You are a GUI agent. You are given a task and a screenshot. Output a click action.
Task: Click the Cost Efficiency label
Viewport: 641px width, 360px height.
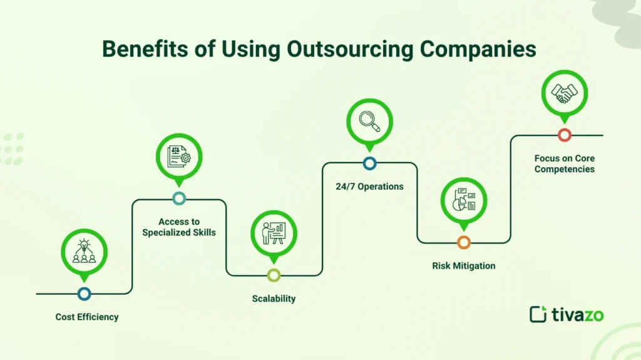[x=86, y=317]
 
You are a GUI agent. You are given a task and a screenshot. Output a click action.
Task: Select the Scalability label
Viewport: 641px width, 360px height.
[x=274, y=299]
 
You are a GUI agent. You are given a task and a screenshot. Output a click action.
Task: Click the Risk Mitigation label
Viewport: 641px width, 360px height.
[x=463, y=266]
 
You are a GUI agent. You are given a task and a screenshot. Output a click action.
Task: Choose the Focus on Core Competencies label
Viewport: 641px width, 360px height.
[x=564, y=164]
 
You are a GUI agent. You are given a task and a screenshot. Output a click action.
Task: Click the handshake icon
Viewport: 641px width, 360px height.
[x=564, y=94]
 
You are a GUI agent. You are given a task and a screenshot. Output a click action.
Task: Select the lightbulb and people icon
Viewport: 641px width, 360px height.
[x=84, y=251]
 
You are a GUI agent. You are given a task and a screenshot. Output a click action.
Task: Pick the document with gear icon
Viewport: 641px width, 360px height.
[x=178, y=157]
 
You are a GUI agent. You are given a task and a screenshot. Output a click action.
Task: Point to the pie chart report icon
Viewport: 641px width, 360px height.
[x=464, y=200]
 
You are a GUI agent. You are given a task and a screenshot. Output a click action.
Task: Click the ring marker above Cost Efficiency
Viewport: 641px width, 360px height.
[x=85, y=294]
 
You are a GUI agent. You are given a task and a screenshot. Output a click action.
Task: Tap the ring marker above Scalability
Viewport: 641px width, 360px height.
[x=274, y=275]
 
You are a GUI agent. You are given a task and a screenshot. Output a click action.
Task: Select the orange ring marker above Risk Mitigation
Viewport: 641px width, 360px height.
[x=464, y=242]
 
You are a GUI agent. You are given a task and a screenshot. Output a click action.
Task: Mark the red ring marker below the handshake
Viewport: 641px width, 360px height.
[x=565, y=135]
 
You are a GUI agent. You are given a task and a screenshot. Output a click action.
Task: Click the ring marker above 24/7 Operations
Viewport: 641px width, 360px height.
[x=369, y=163]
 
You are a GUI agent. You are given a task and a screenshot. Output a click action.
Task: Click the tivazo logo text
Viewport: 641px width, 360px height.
[x=577, y=315]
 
